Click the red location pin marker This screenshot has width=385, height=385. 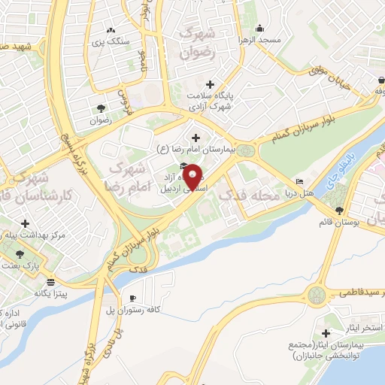193,177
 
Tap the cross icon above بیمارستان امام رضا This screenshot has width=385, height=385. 196,138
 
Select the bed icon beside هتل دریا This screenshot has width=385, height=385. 300,181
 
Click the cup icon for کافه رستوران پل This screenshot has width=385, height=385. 133,299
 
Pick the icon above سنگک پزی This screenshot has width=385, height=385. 111,31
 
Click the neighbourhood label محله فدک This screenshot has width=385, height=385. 244,196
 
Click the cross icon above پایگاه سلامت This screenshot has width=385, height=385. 210,84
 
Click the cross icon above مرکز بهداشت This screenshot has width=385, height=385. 26,223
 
